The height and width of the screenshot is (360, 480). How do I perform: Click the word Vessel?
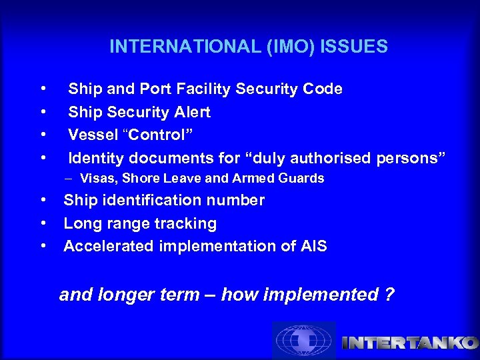(91, 135)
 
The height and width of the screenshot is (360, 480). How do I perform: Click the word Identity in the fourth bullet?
(96, 158)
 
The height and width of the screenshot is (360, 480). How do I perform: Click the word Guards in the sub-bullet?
(304, 179)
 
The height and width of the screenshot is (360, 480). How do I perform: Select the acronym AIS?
(313, 246)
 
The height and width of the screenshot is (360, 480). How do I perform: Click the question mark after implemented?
(390, 295)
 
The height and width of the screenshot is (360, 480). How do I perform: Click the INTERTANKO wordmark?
(409, 343)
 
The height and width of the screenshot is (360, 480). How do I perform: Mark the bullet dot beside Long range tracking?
(43, 223)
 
